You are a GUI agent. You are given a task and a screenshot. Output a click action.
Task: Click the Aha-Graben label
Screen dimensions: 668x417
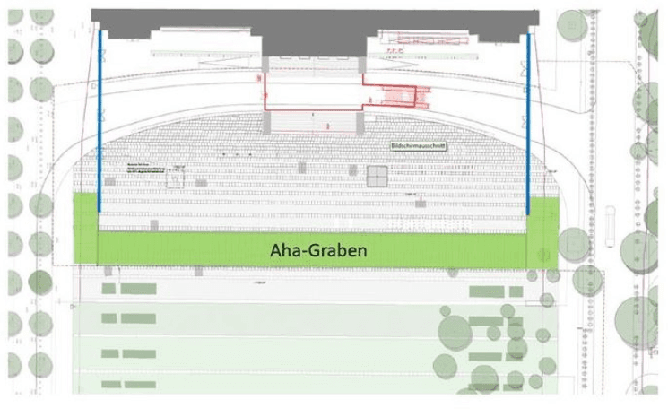coord(319,251)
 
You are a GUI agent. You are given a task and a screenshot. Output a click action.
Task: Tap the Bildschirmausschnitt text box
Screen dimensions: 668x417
coord(419,145)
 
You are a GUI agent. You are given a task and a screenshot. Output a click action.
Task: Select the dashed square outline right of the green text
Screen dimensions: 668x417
coord(176,180)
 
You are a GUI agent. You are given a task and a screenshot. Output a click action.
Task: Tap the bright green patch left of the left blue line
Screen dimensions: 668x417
coord(85,229)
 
